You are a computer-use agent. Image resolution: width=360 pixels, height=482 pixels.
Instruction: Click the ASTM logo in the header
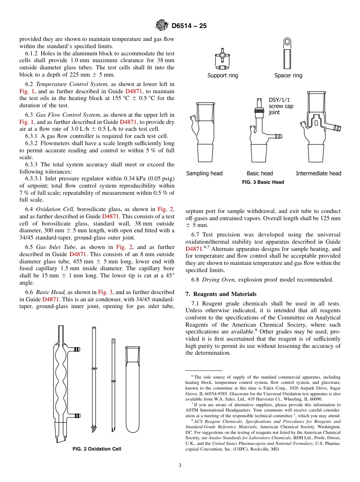(162, 26)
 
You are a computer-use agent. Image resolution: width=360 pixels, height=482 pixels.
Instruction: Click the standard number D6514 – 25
(189, 26)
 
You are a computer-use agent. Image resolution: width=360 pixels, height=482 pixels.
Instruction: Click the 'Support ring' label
(222, 75)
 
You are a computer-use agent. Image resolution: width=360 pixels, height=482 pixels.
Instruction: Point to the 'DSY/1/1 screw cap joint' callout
(281, 106)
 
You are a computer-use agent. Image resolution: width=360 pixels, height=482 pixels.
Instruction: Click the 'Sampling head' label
(204, 173)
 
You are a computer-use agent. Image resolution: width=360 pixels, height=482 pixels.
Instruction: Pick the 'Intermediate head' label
(318, 173)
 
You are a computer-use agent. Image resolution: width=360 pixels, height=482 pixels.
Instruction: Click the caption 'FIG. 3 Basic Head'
(263, 182)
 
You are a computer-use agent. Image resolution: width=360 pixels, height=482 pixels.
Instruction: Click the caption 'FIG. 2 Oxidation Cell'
(97, 449)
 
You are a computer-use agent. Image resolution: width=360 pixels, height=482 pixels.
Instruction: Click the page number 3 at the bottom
(180, 466)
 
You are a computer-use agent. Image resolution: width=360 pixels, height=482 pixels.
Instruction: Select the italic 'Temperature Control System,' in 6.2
(72, 84)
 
